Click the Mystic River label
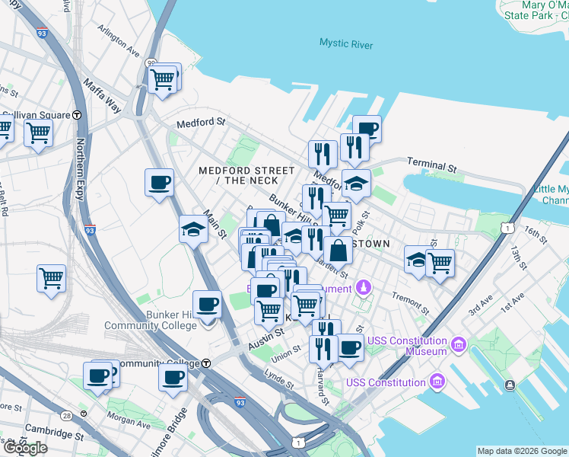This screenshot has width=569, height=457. (346, 45)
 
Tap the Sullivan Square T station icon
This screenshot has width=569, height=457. (77, 115)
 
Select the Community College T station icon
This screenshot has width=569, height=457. (206, 363)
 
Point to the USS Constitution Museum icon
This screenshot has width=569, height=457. (458, 345)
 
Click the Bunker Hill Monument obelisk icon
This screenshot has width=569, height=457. (364, 289)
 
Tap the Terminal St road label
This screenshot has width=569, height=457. (431, 164)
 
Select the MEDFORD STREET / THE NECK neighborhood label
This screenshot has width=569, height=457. (246, 175)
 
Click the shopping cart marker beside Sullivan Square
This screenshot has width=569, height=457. (37, 133)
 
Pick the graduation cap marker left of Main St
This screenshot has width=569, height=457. (194, 228)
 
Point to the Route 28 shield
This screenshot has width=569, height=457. (67, 415)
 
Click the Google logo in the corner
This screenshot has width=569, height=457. (25, 447)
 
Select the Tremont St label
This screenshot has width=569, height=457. (409, 302)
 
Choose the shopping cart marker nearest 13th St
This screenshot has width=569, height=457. (440, 263)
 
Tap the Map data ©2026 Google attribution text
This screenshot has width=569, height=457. (522, 451)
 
